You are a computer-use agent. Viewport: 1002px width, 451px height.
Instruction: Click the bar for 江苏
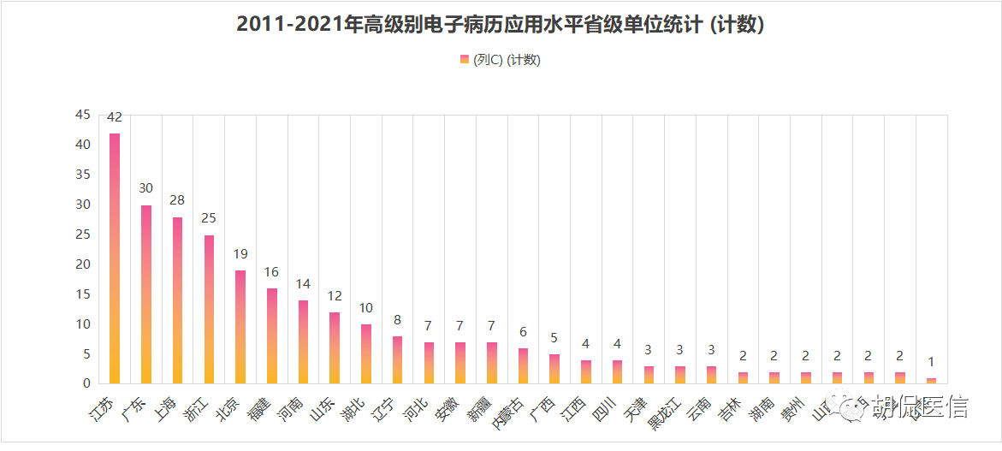115,258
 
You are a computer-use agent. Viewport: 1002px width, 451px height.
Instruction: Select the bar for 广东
146,294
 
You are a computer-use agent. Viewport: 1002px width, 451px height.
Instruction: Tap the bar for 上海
178,300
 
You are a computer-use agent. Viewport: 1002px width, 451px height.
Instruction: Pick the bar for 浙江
210,309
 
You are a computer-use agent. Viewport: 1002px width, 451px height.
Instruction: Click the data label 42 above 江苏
115,117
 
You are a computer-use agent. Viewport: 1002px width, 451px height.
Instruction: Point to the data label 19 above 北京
240,254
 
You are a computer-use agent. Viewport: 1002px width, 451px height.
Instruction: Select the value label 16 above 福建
272,272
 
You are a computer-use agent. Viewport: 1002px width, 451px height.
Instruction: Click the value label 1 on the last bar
931,362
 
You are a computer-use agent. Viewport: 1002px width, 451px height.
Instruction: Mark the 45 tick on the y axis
82,115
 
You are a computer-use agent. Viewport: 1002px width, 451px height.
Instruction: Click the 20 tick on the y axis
82,264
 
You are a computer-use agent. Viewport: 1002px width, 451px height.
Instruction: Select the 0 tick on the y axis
86,383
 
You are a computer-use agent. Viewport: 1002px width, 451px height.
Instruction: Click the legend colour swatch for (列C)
465,59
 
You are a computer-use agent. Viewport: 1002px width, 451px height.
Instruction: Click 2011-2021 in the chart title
286,25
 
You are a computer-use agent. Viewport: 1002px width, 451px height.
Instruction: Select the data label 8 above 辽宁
398,320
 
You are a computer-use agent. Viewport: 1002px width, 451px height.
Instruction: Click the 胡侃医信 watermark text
920,409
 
